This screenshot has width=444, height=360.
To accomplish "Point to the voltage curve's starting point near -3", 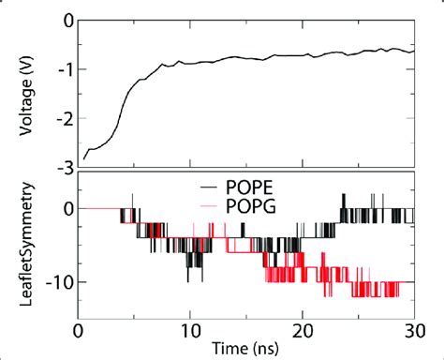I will (x=84, y=157).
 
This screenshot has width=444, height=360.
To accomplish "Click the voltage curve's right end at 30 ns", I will (x=413, y=50).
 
